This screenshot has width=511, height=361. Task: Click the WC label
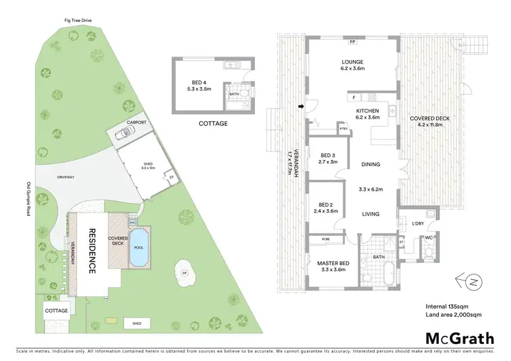tap(429, 236)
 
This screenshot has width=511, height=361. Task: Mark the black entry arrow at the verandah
tap(300, 106)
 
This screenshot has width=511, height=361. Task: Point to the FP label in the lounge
tap(352, 42)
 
